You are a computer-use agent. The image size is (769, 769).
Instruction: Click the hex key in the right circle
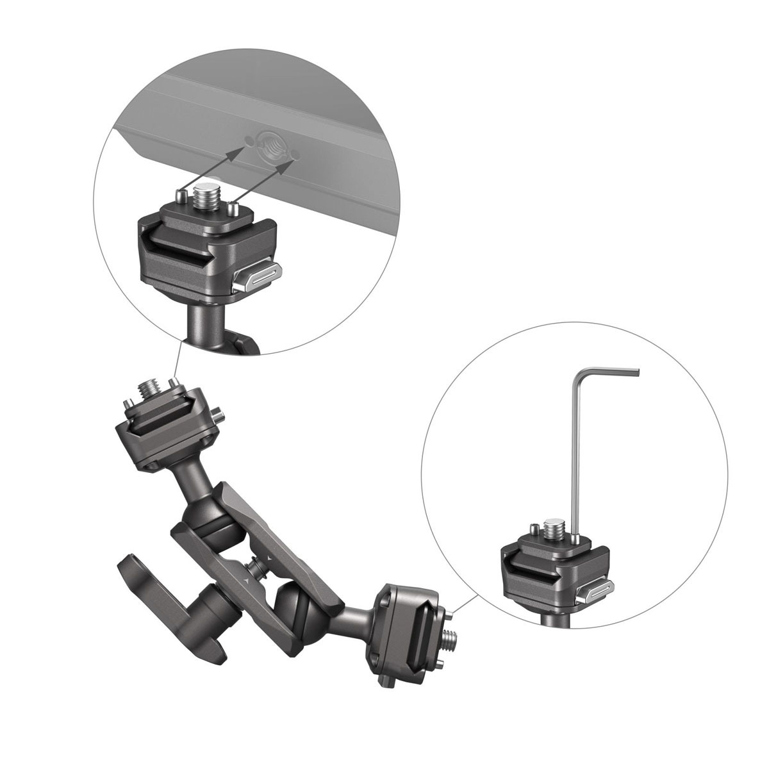[575, 449]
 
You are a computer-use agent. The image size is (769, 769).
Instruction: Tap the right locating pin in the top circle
[234, 208]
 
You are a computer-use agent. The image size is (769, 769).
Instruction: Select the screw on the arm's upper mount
[148, 390]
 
